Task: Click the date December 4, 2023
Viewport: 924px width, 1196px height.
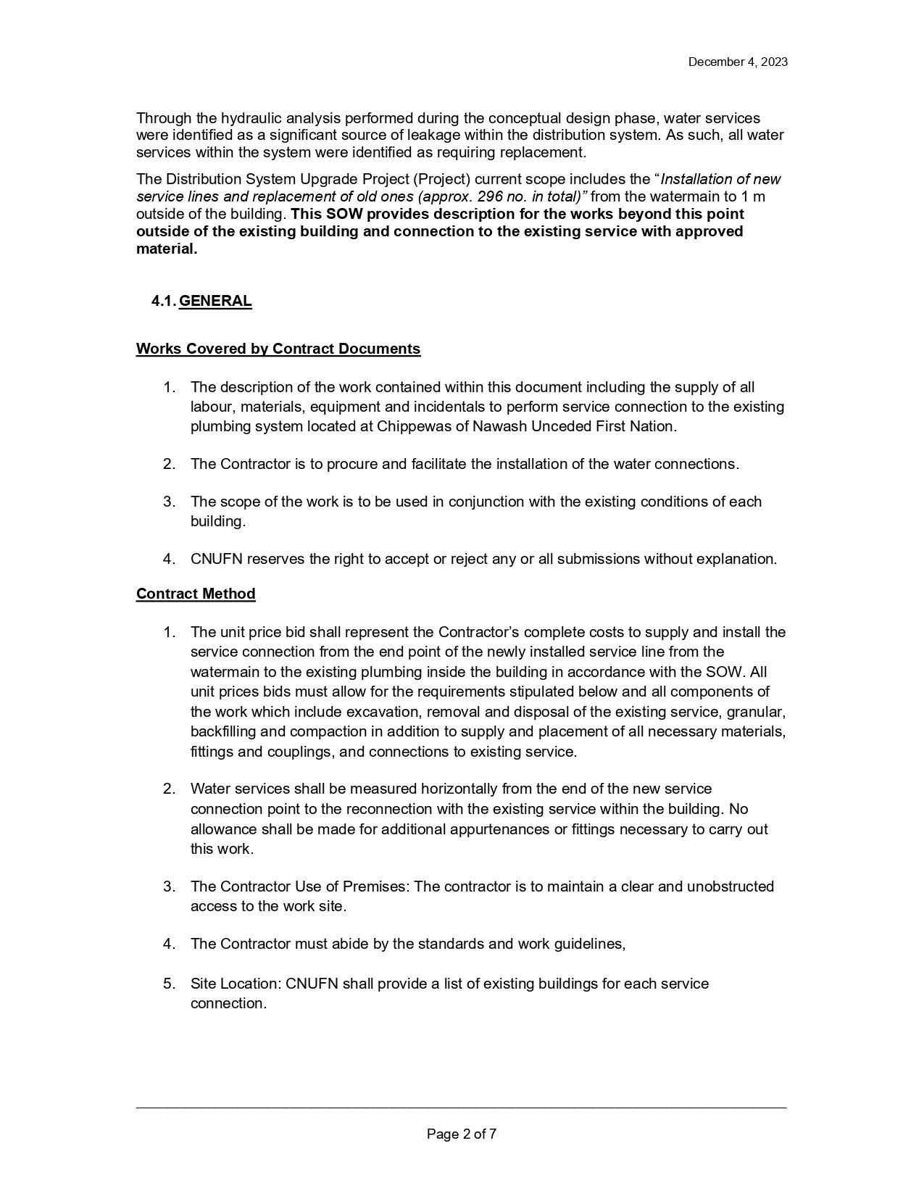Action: pos(737,62)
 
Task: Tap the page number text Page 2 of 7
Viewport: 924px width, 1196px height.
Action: pos(462,1134)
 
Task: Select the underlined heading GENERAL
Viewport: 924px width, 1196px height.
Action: pos(215,302)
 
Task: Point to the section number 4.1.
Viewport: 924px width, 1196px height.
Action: pos(164,302)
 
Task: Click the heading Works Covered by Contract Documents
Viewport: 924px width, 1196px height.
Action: pos(278,349)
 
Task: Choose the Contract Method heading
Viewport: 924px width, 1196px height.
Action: pos(196,594)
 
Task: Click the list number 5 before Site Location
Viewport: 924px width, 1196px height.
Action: pos(169,984)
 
